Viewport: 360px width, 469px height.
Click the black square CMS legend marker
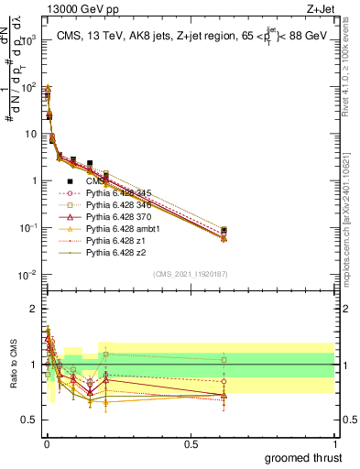point(70,181)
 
